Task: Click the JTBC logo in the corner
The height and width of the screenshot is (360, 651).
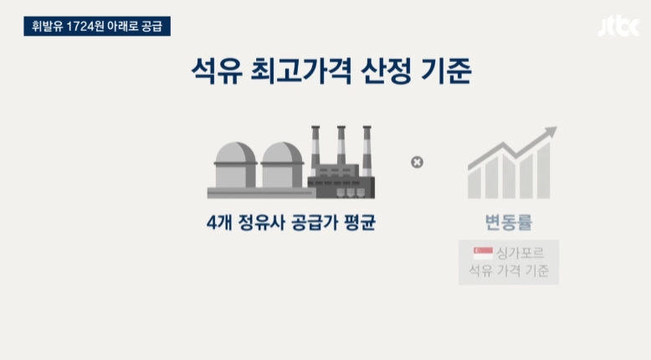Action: pos(618,27)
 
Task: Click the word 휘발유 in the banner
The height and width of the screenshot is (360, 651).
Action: pos(49,26)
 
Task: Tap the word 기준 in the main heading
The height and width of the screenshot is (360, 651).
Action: pos(446,73)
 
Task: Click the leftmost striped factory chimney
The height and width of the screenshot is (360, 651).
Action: pos(315,151)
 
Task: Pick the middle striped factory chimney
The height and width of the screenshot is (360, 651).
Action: pos(341,151)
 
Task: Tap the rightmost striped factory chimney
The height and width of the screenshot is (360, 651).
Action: pos(367,151)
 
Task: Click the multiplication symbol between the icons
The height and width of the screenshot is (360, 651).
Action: pos(417,162)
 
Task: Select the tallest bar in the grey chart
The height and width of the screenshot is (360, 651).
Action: pos(544,171)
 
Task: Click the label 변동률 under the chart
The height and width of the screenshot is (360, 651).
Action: pos(509,224)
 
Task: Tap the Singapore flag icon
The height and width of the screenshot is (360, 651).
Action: pos(482,251)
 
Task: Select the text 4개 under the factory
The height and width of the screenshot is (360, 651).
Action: pos(219,224)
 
